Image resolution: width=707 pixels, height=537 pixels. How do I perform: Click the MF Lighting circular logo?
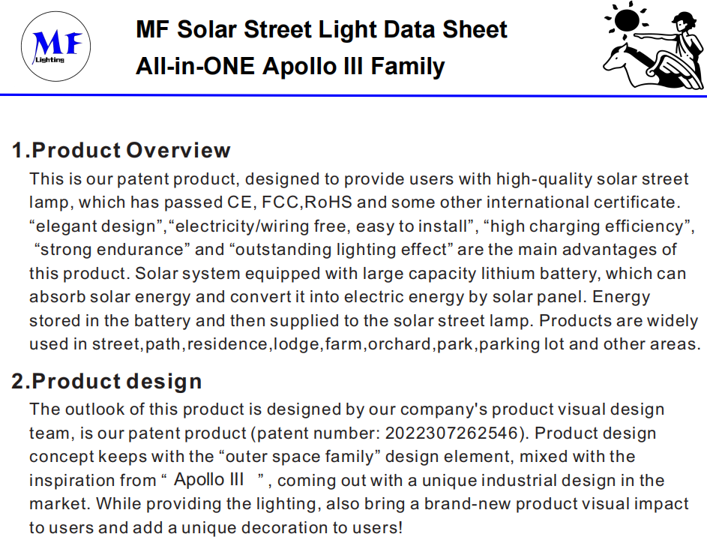(x=55, y=46)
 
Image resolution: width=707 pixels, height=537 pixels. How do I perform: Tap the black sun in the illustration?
(x=627, y=19)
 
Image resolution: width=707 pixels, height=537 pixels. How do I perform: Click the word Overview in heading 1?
(x=178, y=150)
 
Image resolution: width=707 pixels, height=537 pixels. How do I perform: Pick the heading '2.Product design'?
(x=106, y=382)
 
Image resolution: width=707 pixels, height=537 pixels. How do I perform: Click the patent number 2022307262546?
(x=451, y=433)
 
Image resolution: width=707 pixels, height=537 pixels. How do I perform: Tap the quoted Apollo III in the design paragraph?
(x=208, y=479)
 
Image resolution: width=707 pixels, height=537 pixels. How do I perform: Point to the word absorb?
(x=57, y=297)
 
